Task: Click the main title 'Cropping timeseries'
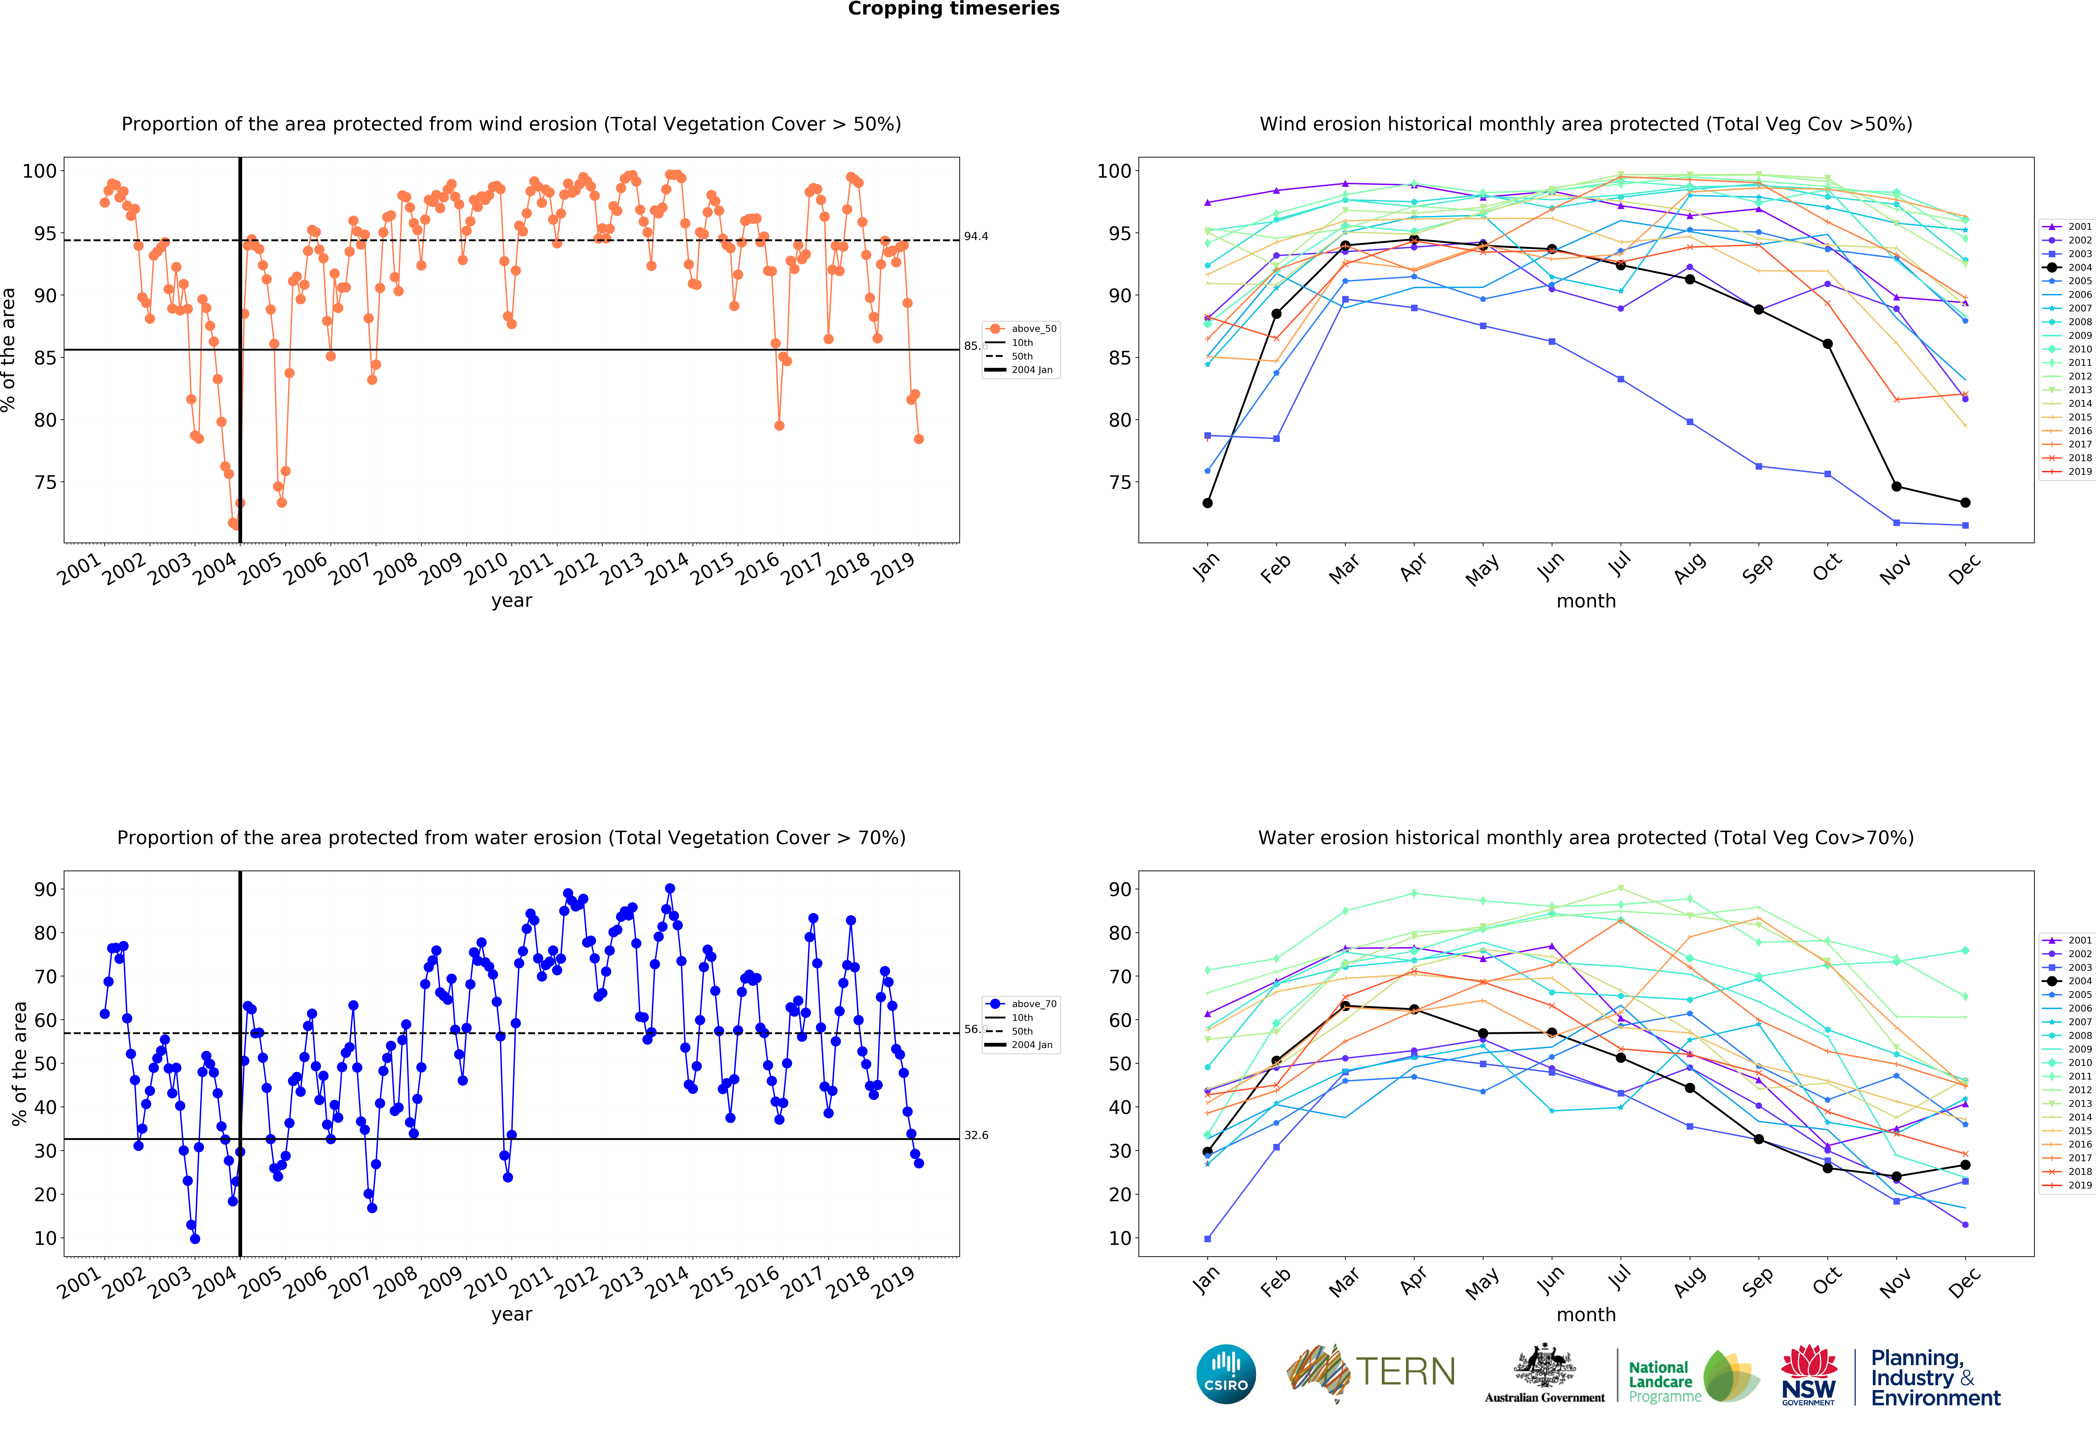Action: coord(953,9)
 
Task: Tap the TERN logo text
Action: coord(1405,1372)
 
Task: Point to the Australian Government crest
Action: coord(1545,1367)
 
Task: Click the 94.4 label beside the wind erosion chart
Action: coord(976,236)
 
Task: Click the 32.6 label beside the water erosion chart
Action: coord(976,1135)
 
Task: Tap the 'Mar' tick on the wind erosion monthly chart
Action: coord(1344,568)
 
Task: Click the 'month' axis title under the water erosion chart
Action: coord(1585,1314)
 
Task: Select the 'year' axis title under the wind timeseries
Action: coord(511,601)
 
